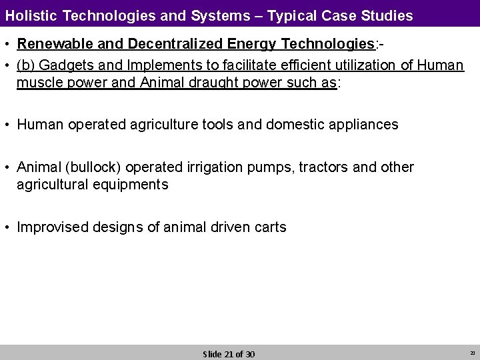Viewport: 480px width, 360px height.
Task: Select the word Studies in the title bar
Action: [x=384, y=14]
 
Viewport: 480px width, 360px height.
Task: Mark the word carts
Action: [x=270, y=227]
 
